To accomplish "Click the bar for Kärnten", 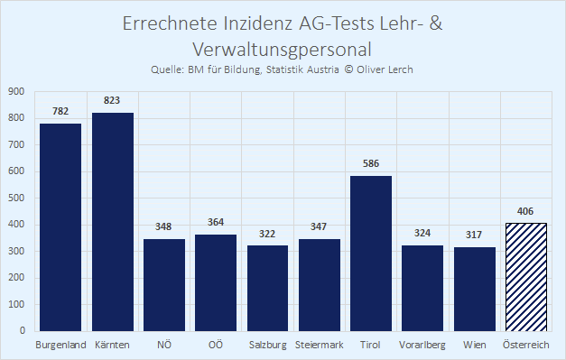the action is (113, 222).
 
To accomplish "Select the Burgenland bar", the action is (60, 227).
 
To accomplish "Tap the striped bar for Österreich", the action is (526, 277).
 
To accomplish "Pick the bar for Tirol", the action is (371, 254).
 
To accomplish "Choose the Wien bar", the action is (475, 289).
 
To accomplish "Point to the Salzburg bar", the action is (267, 288).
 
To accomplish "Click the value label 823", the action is (112, 100).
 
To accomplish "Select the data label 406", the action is (525, 211).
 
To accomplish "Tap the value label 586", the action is (371, 163).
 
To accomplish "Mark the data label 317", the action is (474, 235).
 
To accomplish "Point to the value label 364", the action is (216, 222).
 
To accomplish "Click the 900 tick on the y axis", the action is (16, 92).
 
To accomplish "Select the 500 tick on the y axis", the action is (16, 198).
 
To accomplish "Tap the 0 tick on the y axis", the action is (23, 331).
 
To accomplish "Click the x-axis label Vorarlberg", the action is (422, 345).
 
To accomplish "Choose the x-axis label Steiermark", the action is (319, 345).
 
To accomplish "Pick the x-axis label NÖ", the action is (164, 345).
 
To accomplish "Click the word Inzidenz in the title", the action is (258, 23).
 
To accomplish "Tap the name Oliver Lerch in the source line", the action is (385, 69).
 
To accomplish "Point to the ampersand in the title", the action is (436, 23).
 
